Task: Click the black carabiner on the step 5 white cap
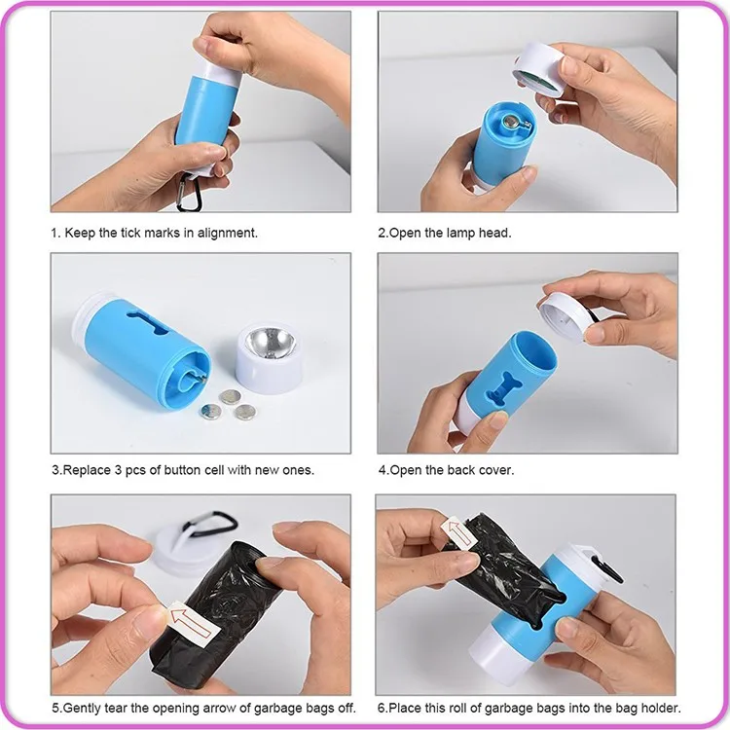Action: (210, 527)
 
